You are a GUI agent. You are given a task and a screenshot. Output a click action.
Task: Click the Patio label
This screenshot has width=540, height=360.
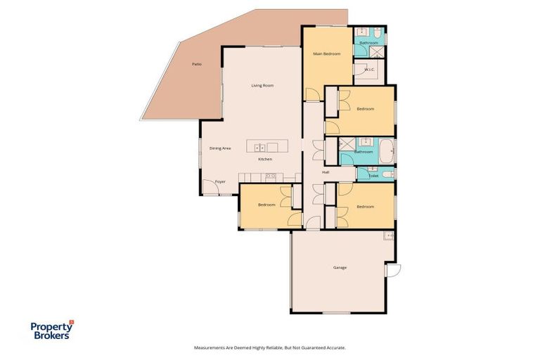(197, 64)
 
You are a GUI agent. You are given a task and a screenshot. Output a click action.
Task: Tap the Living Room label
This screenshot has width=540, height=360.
(262, 86)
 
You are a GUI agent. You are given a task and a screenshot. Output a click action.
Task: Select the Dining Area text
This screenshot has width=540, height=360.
(220, 148)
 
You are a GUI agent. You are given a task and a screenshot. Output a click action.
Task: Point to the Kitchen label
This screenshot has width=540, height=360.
(265, 160)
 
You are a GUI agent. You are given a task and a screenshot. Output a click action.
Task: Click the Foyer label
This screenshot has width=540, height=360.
(220, 181)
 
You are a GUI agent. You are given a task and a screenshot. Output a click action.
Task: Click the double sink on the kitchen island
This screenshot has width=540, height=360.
(258, 148)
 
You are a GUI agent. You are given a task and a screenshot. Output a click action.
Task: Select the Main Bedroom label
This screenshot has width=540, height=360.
(327, 54)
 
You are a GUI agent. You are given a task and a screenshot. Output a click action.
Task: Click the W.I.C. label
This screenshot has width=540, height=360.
(370, 70)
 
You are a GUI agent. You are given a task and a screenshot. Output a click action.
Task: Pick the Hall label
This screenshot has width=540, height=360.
(326, 172)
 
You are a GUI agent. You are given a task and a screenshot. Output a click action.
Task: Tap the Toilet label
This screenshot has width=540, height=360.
(373, 176)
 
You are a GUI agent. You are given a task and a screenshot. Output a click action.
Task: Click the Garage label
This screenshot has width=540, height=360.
(340, 267)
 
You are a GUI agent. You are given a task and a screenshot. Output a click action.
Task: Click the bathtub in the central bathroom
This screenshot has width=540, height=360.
(387, 150)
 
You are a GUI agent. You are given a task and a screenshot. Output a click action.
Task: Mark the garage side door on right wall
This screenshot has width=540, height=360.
(392, 270)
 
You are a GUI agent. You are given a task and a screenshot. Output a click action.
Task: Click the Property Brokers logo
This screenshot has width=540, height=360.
(51, 330)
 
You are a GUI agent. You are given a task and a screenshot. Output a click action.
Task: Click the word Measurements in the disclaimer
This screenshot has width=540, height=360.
(212, 347)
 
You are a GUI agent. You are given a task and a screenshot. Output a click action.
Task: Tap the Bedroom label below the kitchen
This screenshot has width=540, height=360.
(266, 205)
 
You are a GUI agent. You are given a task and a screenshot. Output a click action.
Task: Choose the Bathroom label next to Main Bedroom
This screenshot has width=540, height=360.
(368, 43)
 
